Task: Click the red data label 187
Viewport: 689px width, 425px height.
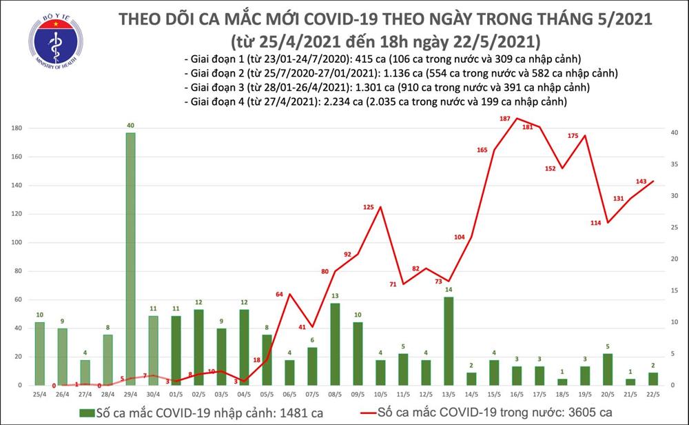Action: [505, 119]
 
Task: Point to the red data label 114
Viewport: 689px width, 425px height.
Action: [596, 223]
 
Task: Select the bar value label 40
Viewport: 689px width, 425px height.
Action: [130, 126]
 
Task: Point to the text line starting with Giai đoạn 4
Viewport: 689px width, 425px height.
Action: [376, 102]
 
